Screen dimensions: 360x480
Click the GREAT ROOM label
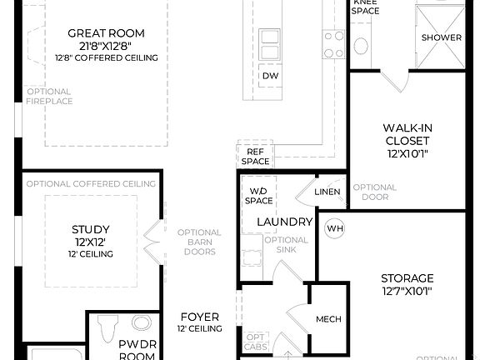pos(106,33)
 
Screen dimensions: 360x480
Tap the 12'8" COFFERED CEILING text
pos(106,57)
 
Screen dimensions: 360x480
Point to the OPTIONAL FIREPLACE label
pos(49,96)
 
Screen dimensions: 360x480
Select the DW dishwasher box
pos(270,76)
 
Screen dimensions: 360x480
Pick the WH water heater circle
pos(334,228)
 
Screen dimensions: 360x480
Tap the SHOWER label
pos(441,37)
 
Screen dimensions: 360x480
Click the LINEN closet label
pos(327,192)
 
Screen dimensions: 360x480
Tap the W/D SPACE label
pos(258,196)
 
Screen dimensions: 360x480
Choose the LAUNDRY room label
pos(284,222)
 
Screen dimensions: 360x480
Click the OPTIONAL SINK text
pos(286,245)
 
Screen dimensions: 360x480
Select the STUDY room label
pos(91,228)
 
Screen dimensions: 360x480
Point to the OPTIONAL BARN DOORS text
pos(198,242)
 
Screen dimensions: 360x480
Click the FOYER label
pos(200,317)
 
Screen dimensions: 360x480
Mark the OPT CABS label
pos(256,342)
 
